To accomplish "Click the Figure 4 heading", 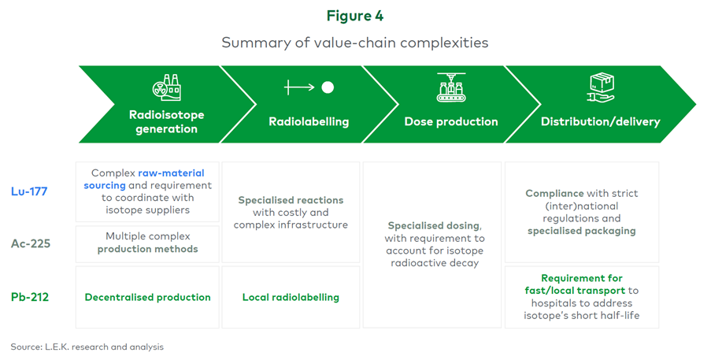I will coord(355,15).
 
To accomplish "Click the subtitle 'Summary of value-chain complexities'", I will coord(355,43).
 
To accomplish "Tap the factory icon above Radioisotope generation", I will coord(166,87).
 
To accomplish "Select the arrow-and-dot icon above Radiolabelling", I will coord(309,87).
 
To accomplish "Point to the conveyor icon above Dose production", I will coord(450,87).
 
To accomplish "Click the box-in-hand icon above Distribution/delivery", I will coord(600,87).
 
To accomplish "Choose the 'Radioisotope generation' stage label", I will coord(166,121).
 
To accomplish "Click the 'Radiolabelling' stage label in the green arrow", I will coord(309,122).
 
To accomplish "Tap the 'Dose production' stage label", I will coord(450,122).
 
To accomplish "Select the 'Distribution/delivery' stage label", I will coord(600,122).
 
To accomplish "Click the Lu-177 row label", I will coord(31,191).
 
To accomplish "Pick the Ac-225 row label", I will coord(31,243).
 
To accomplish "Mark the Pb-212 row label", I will coord(31,297).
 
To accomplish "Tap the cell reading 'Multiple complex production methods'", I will coord(147,243).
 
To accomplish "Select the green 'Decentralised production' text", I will coord(147,297).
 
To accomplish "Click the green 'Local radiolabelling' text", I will coord(291,297).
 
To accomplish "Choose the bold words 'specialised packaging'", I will coord(581,231).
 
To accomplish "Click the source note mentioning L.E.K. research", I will coord(87,347).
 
